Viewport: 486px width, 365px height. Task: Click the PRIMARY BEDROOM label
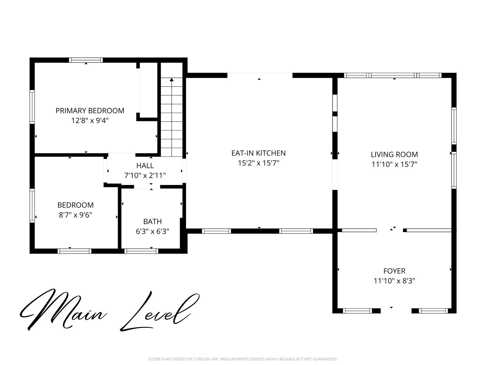pyautogui.click(x=90, y=111)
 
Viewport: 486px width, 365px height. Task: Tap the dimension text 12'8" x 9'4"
pyautogui.click(x=90, y=121)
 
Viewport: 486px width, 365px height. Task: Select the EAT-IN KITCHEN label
pyautogui.click(x=258, y=153)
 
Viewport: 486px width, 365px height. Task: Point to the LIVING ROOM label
pyautogui.click(x=394, y=154)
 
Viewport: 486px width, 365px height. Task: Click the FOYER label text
pyautogui.click(x=394, y=271)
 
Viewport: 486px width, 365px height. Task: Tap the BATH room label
pyautogui.click(x=153, y=221)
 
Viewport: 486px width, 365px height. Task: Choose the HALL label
pyautogui.click(x=145, y=165)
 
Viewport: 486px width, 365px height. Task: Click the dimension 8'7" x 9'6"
pyautogui.click(x=75, y=215)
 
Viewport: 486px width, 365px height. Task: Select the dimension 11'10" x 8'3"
pyautogui.click(x=394, y=281)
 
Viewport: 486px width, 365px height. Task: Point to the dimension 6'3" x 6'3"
pyautogui.click(x=153, y=231)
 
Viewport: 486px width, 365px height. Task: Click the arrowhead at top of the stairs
pyautogui.click(x=172, y=79)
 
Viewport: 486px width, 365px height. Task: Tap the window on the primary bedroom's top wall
pyautogui.click(x=86, y=60)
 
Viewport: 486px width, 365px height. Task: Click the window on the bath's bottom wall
pyautogui.click(x=141, y=251)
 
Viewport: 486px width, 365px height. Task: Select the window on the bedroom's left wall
pyautogui.click(x=32, y=205)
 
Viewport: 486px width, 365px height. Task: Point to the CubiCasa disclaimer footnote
pyautogui.click(x=243, y=359)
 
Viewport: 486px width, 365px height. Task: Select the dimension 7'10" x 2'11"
pyautogui.click(x=145, y=175)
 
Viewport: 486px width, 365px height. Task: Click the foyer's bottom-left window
pyautogui.click(x=357, y=311)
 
